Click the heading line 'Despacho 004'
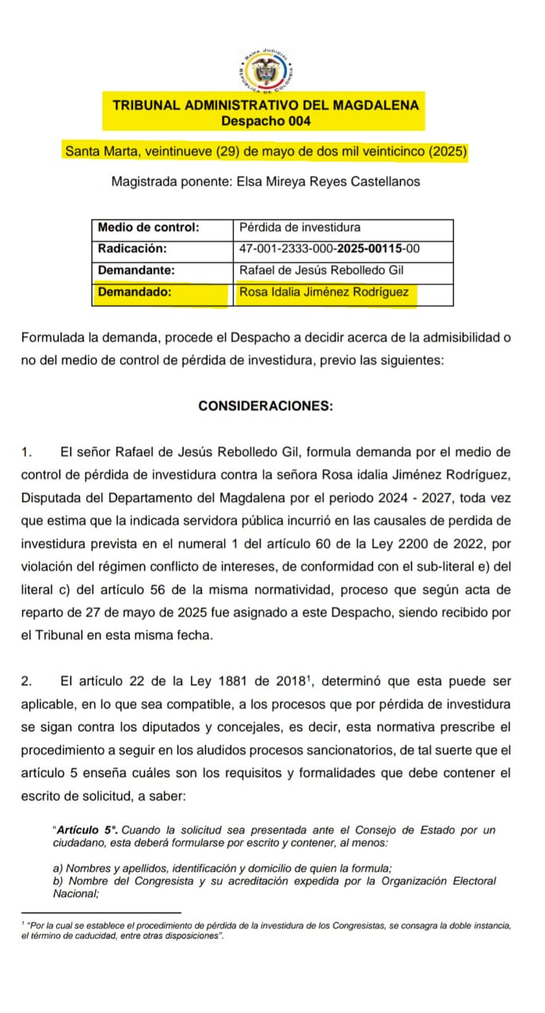coord(265,121)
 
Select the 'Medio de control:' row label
coord(147,228)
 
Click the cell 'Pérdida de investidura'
coord(299,228)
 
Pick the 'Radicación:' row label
coord(132,249)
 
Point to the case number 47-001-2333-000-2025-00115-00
coord(329,249)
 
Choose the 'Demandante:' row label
coord(135,270)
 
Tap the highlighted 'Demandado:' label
coord(134,292)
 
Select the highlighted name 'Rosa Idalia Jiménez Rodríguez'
coord(323,292)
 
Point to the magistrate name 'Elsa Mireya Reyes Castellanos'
coord(328,181)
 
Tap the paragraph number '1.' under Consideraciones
coord(28,453)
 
